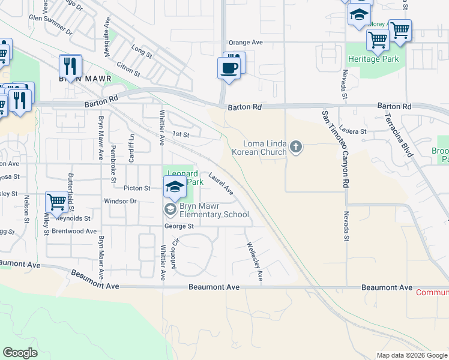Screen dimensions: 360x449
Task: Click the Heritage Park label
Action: pos(373,59)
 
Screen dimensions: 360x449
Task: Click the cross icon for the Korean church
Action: pos(295,146)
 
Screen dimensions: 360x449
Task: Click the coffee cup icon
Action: pos(229,68)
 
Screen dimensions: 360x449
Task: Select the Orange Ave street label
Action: pos(246,43)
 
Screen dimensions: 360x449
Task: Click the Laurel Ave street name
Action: pos(221,184)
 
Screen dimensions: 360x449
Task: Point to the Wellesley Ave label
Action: pos(253,262)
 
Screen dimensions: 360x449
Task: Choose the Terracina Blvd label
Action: pos(400,134)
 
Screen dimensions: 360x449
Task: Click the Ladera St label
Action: pos(352,131)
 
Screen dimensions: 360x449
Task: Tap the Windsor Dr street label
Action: pos(121,201)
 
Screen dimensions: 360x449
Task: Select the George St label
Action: pos(179,226)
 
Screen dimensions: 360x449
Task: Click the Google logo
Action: pos(20,353)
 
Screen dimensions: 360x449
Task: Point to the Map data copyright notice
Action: pos(412,355)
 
